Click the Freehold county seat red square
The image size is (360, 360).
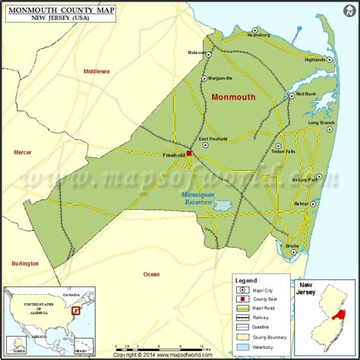click(x=189, y=153)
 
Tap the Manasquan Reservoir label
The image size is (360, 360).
click(x=201, y=200)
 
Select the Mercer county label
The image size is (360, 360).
click(x=23, y=152)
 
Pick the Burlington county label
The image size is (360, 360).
click(x=25, y=263)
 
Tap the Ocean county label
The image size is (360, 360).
click(x=151, y=273)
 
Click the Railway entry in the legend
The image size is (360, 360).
click(x=267, y=307)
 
